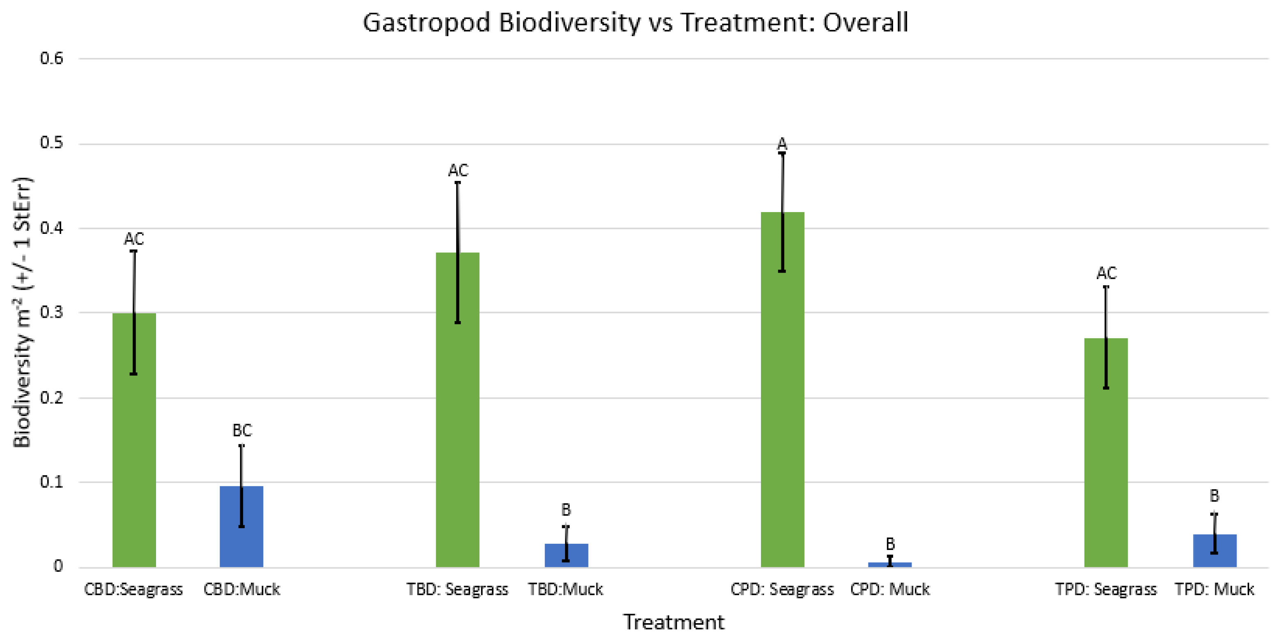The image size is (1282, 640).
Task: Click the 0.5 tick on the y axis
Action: click(x=52, y=143)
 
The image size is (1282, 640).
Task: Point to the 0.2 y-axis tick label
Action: click(x=52, y=398)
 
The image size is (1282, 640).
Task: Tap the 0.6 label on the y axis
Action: click(x=52, y=59)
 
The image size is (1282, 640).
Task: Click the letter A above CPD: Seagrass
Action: click(x=782, y=144)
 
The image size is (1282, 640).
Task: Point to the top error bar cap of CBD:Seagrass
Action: click(x=134, y=251)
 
